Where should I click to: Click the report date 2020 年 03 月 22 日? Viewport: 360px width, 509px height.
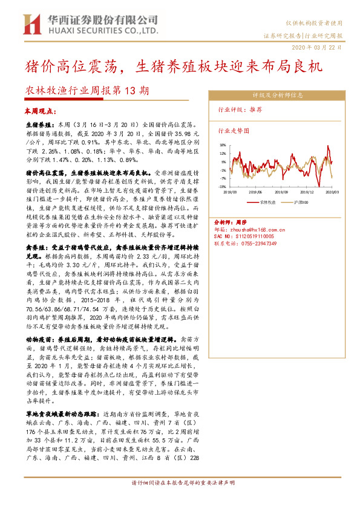coord(320,47)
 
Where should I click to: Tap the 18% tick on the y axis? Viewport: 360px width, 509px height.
coord(223,145)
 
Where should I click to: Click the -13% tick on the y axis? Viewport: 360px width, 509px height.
coord(223,187)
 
